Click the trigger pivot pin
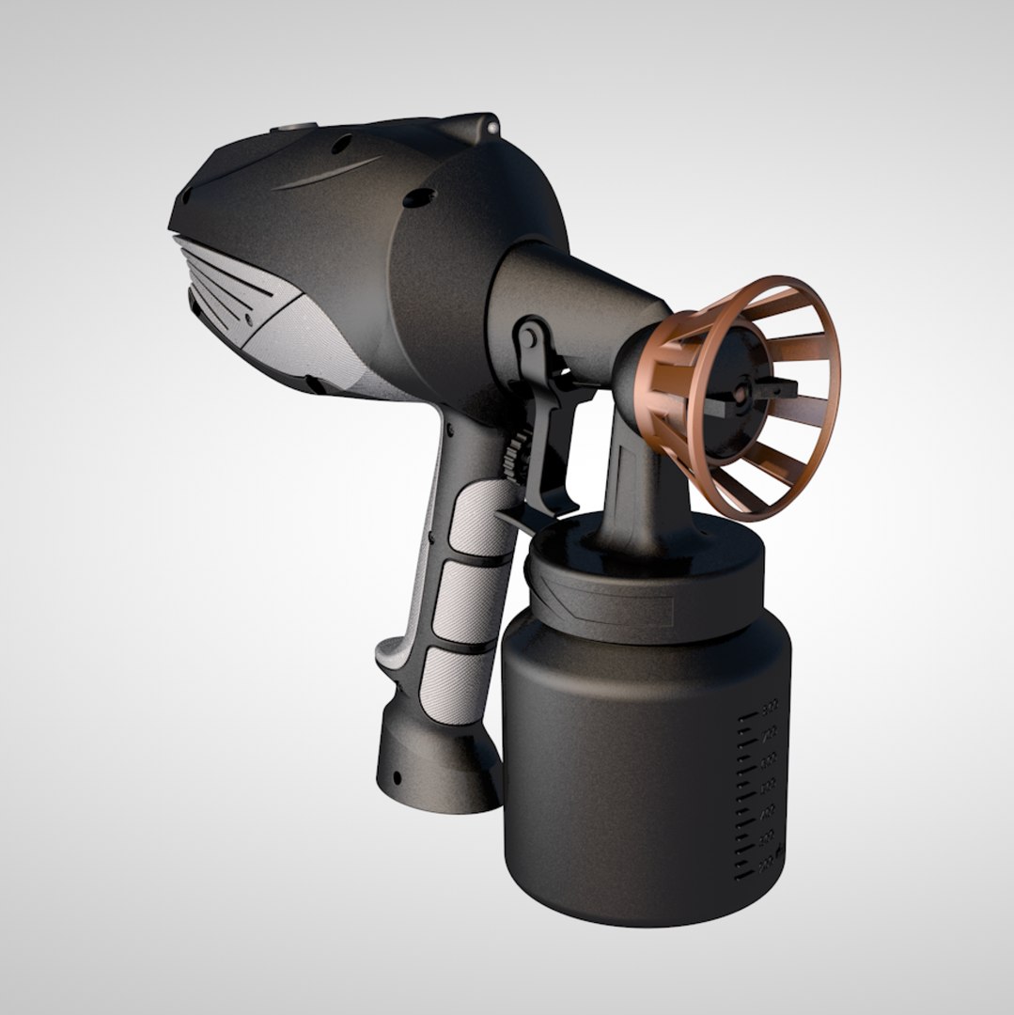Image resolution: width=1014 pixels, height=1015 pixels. pos(529,336)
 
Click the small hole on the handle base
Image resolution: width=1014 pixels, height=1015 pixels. pos(397,777)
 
